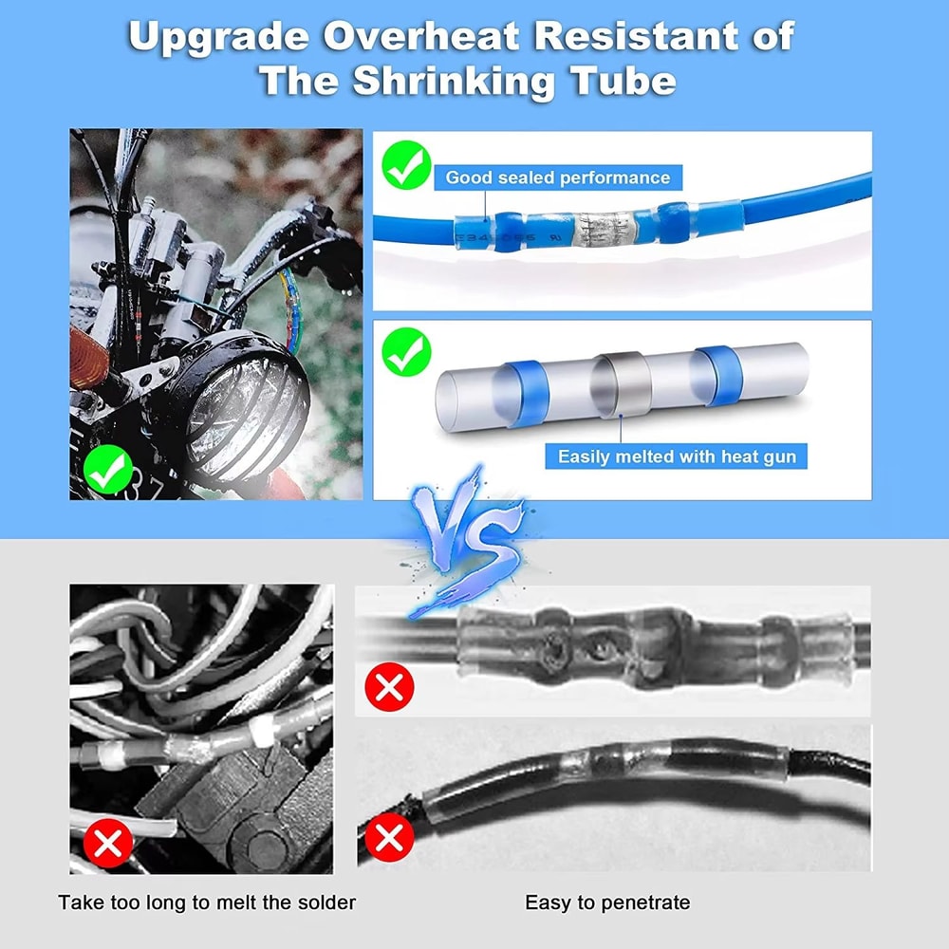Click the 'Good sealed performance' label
[x=557, y=177]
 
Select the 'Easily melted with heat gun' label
[x=677, y=456]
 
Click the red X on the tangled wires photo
[x=108, y=843]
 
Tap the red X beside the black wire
[x=388, y=838]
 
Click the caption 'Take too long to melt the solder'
[x=207, y=902]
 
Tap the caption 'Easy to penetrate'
[x=607, y=902]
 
